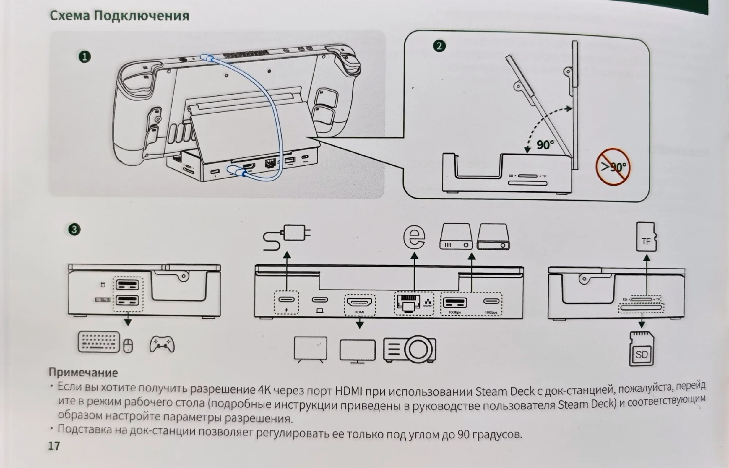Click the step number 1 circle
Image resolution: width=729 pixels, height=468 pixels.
85,57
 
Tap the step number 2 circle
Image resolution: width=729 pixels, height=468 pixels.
439,46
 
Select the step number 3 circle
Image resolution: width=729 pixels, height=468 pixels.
74,229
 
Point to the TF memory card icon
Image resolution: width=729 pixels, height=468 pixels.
646,237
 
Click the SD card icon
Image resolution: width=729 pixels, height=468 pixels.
642,349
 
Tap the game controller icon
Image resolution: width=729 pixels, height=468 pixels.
162,344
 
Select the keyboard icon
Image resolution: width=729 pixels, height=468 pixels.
98,342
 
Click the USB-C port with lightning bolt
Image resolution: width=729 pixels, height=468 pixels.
286,300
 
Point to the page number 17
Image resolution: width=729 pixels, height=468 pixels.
54,446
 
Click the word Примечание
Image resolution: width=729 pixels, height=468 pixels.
83,372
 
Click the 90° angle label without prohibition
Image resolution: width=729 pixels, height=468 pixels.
545,145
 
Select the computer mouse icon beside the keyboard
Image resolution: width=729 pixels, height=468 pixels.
128,345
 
